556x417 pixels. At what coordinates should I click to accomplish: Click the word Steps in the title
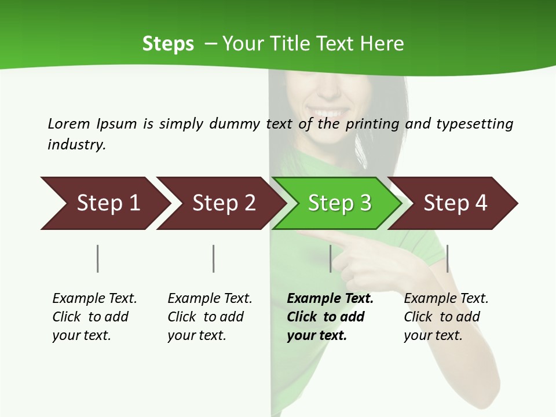pyautogui.click(x=168, y=44)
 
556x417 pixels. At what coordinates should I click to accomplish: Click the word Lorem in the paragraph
pyautogui.click(x=68, y=123)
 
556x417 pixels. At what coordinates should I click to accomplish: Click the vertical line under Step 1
pyautogui.click(x=98, y=258)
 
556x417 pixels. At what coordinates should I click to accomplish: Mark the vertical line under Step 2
pyautogui.click(x=214, y=258)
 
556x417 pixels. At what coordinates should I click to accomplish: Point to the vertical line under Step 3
pyautogui.click(x=331, y=258)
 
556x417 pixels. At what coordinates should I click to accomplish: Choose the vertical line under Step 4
pyautogui.click(x=447, y=258)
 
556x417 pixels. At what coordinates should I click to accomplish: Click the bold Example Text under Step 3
pyautogui.click(x=330, y=299)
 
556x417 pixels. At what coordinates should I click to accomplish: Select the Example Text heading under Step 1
pyautogui.click(x=94, y=299)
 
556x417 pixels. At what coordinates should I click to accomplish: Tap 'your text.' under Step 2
pyautogui.click(x=196, y=335)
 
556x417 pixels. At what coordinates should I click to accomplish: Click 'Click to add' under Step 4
pyautogui.click(x=442, y=317)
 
